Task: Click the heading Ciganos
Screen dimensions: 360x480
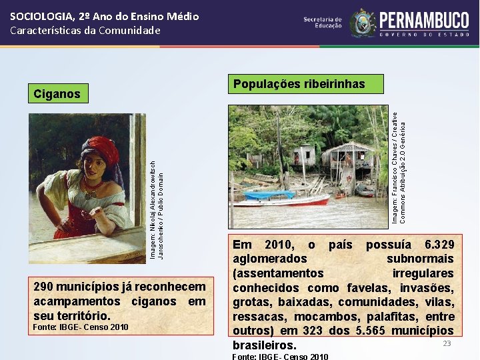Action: (57, 94)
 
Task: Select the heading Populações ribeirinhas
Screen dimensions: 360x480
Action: (299, 84)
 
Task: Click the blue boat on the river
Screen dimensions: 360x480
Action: (271, 195)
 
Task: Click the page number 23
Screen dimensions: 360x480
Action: (447, 343)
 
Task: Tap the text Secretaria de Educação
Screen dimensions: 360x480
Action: (323, 23)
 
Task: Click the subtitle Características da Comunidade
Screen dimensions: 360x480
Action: (85, 30)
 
